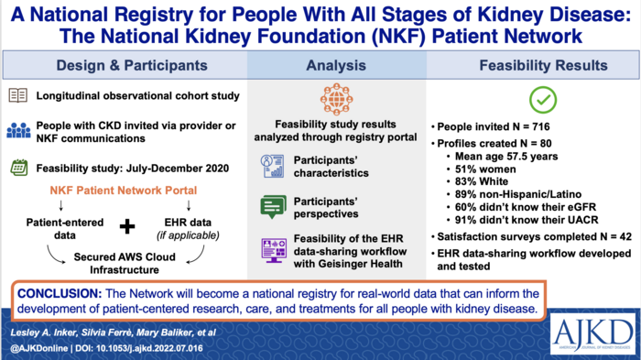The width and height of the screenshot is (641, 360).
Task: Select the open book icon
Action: pos(18,95)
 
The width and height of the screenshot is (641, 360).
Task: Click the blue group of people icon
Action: pos(18,129)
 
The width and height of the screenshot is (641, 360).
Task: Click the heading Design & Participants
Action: pos(116,65)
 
